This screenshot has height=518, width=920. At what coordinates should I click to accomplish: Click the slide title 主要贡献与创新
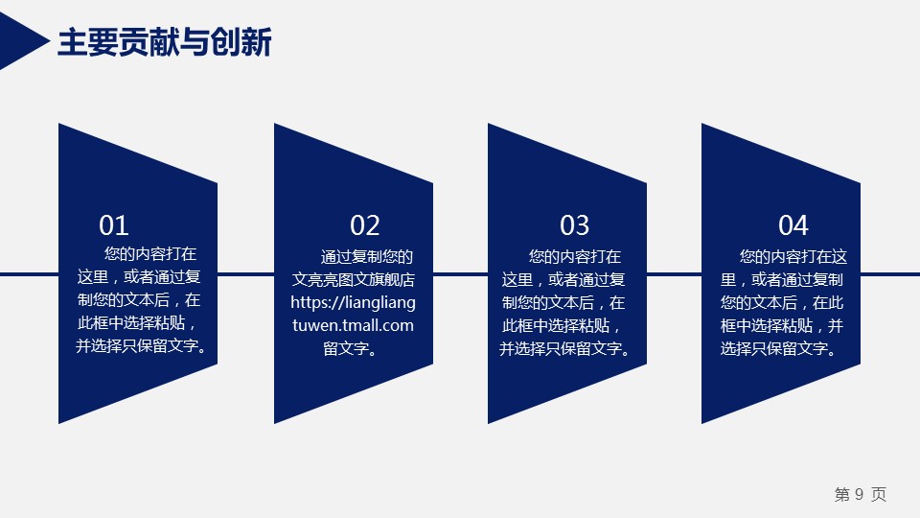pos(165,42)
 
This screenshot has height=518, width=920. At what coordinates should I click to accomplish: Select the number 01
pos(114,225)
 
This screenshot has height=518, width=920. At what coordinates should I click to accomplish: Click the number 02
pos(365,225)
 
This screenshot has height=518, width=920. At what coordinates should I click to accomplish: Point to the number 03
pos(574,225)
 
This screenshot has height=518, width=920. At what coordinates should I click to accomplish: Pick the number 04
pos(793,225)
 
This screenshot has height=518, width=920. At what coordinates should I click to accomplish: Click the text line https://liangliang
pos(354,302)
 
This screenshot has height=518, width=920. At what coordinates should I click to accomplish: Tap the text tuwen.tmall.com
pos(354,325)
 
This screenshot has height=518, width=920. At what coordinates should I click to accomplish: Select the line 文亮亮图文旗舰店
pos(354,279)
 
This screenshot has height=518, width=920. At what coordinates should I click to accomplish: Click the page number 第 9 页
pos(861,495)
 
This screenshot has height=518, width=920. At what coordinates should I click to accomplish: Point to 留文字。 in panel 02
pos(351,348)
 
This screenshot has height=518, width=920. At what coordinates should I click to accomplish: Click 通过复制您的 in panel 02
pos(367,257)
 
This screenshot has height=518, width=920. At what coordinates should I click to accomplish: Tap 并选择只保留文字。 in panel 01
pos(142,346)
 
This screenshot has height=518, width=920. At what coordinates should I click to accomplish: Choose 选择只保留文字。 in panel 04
pos(778,349)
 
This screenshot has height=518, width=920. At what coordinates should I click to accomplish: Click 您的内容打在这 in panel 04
pos(793,257)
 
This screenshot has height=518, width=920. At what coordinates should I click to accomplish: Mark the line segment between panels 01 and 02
pos(246,274)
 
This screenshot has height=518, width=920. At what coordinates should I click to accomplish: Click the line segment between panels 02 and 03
pos(461,274)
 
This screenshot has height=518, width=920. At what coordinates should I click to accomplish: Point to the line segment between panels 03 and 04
pos(674,274)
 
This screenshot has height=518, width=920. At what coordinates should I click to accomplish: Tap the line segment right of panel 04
pos(890,274)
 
